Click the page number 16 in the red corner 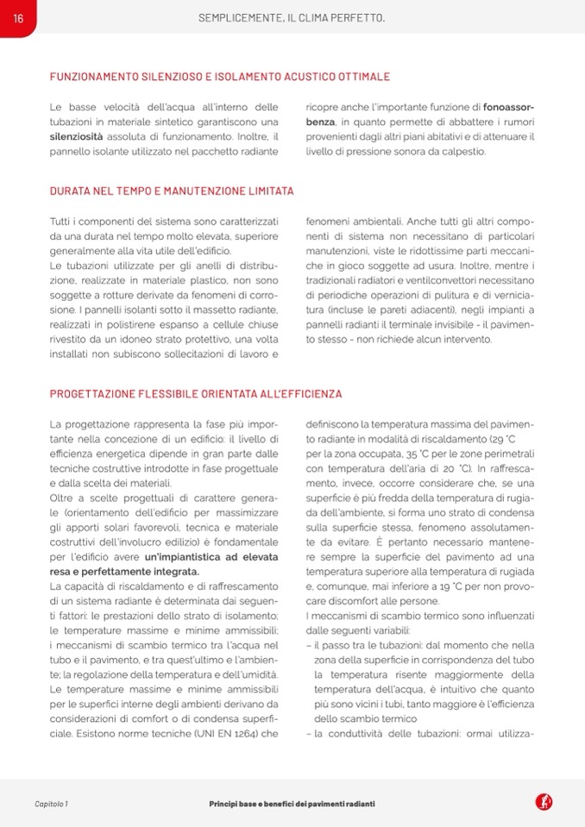click(17, 17)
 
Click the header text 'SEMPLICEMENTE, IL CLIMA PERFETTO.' click(292, 17)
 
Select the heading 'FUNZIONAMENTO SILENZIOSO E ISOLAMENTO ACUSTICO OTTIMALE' click(220, 77)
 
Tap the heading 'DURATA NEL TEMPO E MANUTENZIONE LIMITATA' click(172, 191)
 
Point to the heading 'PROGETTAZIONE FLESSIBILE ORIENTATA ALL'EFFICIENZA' click(196, 393)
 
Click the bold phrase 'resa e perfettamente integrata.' click(124, 571)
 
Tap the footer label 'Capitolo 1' click(51, 804)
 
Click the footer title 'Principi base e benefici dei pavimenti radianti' click(292, 804)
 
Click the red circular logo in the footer click(544, 803)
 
